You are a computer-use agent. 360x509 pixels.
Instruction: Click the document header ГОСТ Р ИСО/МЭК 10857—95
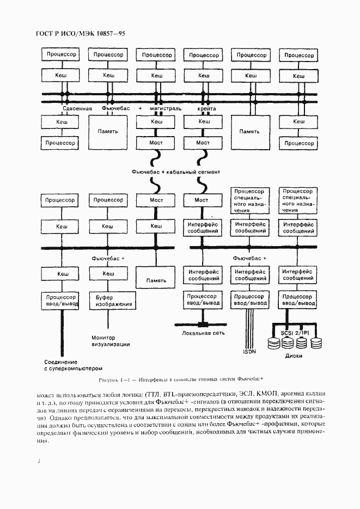81,34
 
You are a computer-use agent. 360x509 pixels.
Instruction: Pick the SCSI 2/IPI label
295,332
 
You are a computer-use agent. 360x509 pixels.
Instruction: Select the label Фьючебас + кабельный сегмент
175,171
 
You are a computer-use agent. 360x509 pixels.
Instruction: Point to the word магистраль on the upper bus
165,109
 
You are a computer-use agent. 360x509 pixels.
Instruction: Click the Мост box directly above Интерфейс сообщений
203,200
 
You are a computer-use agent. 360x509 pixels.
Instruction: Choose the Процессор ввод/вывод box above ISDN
250,300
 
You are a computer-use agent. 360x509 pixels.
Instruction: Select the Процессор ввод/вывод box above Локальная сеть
203,300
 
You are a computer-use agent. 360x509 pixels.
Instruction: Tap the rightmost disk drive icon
316,343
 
